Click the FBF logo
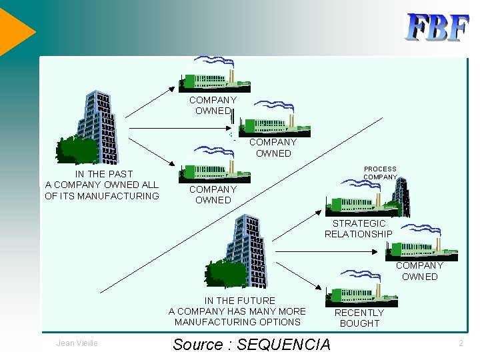pos(437,28)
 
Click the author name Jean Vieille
pos(78,343)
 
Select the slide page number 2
pos(461,343)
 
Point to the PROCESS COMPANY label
pos(380,173)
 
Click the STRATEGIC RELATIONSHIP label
pos(359,229)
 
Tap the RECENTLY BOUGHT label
pos(359,318)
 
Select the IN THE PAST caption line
pos(104,174)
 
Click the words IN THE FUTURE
pos(239,301)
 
